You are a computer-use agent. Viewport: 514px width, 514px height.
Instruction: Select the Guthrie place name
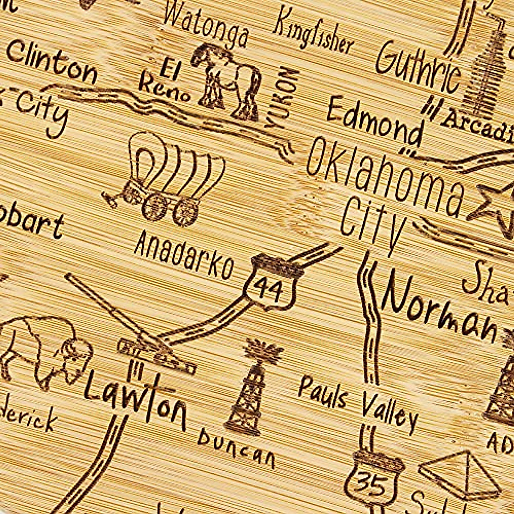[418, 69]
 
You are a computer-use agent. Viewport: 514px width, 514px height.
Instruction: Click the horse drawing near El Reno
[227, 81]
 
